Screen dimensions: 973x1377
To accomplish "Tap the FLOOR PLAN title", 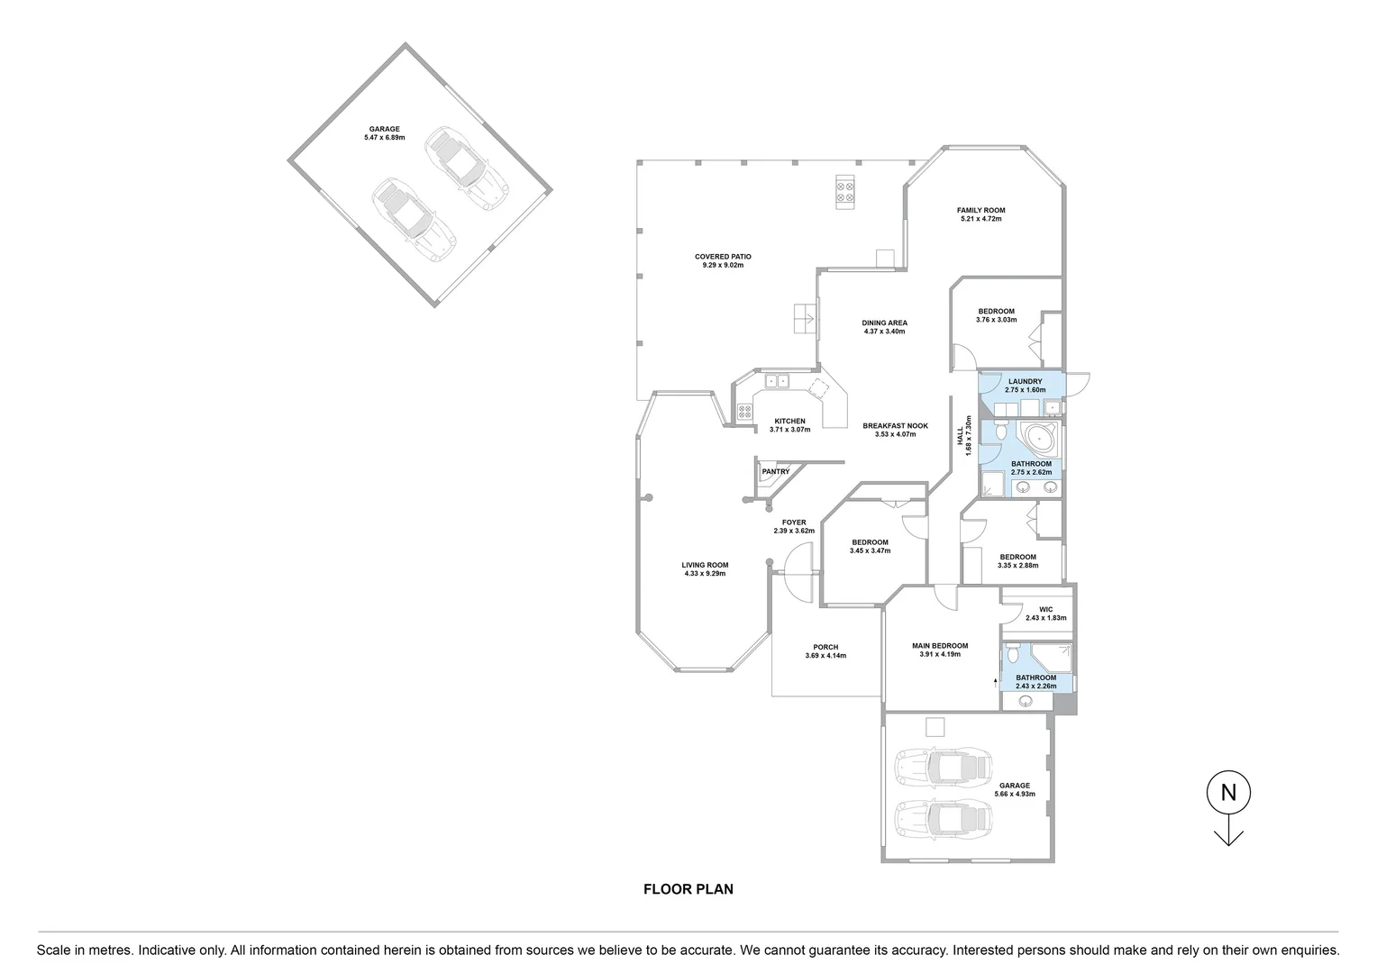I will (x=688, y=889).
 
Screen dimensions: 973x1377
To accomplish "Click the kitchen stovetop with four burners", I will (x=745, y=413).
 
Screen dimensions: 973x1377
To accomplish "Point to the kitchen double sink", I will (x=777, y=381).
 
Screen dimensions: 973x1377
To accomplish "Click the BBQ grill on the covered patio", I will (x=845, y=191).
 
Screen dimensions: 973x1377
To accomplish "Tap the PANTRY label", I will (x=775, y=471).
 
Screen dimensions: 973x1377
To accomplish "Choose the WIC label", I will (x=1045, y=609).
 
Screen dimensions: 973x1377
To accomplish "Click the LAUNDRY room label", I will (x=1026, y=381).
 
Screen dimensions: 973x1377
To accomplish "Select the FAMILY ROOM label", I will (x=980, y=210).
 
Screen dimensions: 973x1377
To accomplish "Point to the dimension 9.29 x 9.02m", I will (x=723, y=266).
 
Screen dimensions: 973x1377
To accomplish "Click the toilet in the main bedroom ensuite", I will (x=1013, y=652).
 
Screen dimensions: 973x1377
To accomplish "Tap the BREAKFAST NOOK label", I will (x=894, y=426).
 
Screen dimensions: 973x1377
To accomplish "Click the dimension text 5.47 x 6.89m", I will (x=384, y=138).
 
